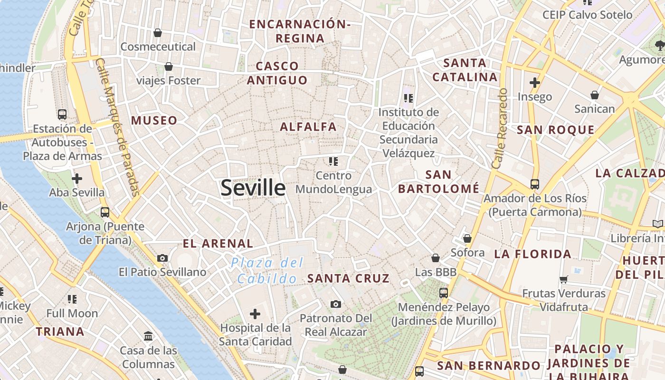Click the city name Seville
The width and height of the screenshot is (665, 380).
click(253, 188)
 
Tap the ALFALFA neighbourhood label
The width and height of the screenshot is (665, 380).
click(308, 127)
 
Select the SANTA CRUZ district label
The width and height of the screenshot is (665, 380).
click(348, 278)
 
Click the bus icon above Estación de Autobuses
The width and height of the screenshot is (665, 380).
click(62, 114)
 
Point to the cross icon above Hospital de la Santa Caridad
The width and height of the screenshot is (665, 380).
click(255, 314)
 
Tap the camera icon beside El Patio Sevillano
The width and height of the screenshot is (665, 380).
click(162, 258)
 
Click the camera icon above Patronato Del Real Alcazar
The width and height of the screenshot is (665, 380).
click(336, 304)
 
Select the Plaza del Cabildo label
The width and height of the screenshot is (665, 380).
click(267, 270)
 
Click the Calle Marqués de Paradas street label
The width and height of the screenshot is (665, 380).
click(117, 127)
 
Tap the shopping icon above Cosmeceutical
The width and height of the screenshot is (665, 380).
click(158, 33)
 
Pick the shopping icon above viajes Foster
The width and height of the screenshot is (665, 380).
click(168, 66)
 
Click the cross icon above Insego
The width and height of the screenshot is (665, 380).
click(535, 83)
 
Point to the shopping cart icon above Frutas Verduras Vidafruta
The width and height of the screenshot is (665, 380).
click(564, 279)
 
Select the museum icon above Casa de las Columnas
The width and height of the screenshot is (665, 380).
click(148, 336)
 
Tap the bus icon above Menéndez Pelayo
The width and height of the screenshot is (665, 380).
click(444, 293)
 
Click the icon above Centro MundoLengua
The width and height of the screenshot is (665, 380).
click(333, 161)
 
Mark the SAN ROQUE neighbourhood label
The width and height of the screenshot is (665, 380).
click(555, 130)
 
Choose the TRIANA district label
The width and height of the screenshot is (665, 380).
click(60, 332)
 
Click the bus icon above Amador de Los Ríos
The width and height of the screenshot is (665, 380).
click(535, 184)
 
